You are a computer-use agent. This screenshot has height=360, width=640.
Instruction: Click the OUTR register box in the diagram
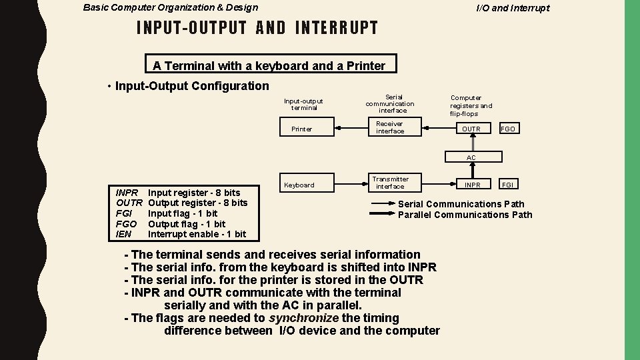pyautogui.click(x=471, y=129)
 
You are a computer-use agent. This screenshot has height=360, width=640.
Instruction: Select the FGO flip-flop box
pyautogui.click(x=508, y=129)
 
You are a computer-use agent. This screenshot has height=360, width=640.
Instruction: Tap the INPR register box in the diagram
pyautogui.click(x=471, y=185)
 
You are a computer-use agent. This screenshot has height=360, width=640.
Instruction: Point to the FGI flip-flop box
pyautogui.click(x=508, y=185)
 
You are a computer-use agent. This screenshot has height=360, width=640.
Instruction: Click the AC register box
pyautogui.click(x=471, y=157)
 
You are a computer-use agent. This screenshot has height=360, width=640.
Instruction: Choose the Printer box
pyautogui.click(x=302, y=129)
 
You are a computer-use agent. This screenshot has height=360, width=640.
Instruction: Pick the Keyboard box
pyautogui.click(x=299, y=185)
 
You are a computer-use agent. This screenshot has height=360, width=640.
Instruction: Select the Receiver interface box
pyautogui.click(x=390, y=127)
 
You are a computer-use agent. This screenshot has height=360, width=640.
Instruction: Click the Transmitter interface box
pyautogui.click(x=390, y=183)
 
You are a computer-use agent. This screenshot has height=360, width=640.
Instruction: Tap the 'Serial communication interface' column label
pyautogui.click(x=390, y=103)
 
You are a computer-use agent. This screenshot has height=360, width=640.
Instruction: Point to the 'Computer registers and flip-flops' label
pyautogui.click(x=471, y=105)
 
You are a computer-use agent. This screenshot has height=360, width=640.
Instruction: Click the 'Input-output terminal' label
pyautogui.click(x=303, y=104)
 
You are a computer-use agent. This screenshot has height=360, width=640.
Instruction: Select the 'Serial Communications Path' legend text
pyautogui.click(x=461, y=204)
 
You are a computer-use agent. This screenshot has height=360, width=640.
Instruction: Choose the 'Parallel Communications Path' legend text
pyautogui.click(x=465, y=215)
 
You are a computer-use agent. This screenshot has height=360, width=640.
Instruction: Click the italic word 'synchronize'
pyautogui.click(x=300, y=318)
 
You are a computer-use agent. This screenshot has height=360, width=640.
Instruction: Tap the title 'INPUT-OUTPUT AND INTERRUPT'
pyautogui.click(x=257, y=28)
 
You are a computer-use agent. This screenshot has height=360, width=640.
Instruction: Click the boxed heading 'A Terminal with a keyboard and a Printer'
pyautogui.click(x=269, y=65)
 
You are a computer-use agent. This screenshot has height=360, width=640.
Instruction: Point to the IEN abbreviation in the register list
pyautogui.click(x=123, y=234)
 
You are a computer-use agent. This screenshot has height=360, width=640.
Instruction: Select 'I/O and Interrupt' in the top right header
pyautogui.click(x=513, y=8)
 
